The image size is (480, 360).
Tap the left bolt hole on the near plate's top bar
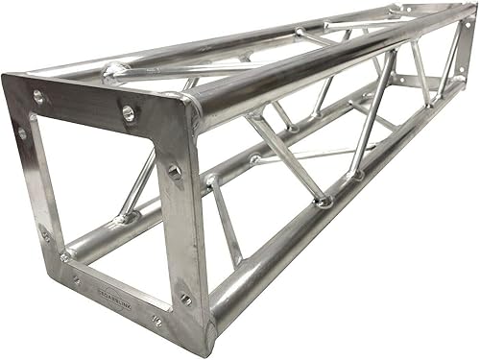pyautogui.click(x=38, y=97)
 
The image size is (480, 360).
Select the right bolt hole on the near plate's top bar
pyautogui.click(x=129, y=114)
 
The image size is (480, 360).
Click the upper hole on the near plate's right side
pyautogui.click(x=174, y=173)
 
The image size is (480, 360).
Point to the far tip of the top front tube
pyautogui.click(x=468, y=16)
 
